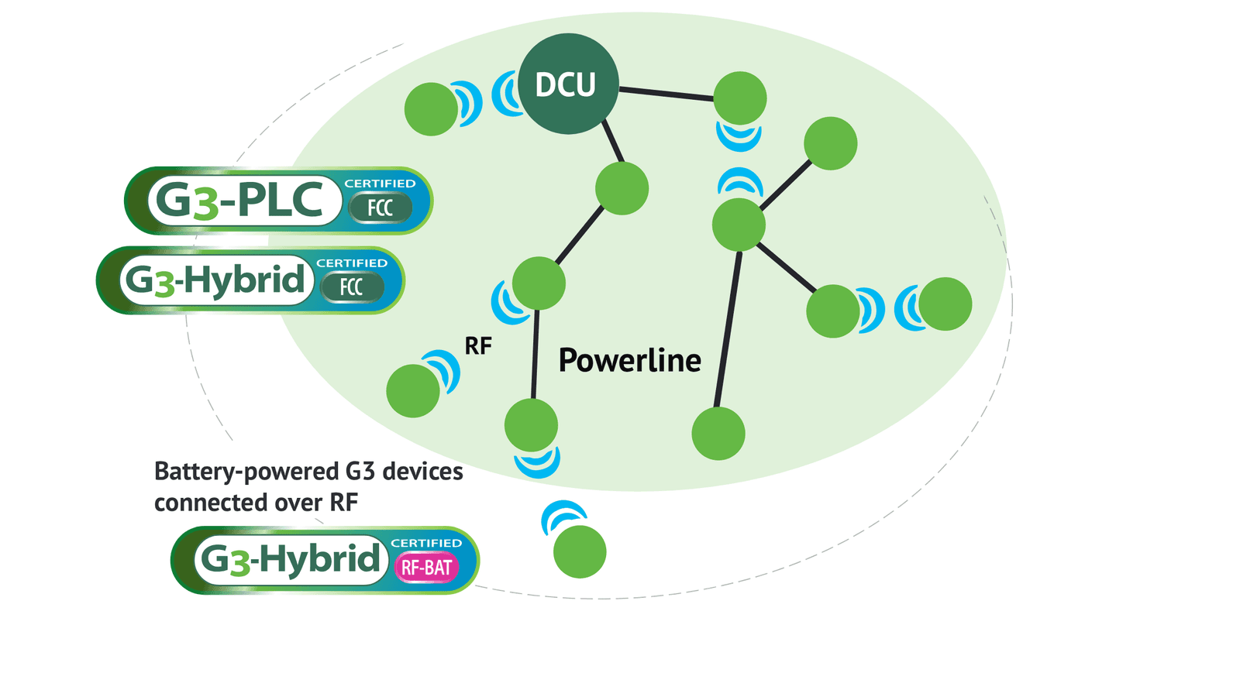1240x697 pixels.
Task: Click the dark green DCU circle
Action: click(568, 84)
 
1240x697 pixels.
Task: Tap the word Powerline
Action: click(630, 360)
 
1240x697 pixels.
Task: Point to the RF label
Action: click(478, 346)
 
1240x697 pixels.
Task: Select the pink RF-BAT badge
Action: click(426, 567)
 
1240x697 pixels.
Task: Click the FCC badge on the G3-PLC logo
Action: click(381, 208)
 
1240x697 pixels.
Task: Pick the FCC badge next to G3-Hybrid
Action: click(352, 287)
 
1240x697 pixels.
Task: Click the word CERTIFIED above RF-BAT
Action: click(426, 543)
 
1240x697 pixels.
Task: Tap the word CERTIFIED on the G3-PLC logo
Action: click(380, 183)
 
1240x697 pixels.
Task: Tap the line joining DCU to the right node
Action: click(666, 94)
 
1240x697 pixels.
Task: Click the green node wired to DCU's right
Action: click(740, 98)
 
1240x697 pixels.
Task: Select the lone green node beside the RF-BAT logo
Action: click(580, 551)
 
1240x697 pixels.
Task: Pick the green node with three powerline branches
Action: click(739, 225)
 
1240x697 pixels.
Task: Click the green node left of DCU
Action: click(431, 109)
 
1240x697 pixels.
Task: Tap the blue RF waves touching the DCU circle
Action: click(505, 94)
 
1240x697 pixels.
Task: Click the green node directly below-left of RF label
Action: click(413, 390)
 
